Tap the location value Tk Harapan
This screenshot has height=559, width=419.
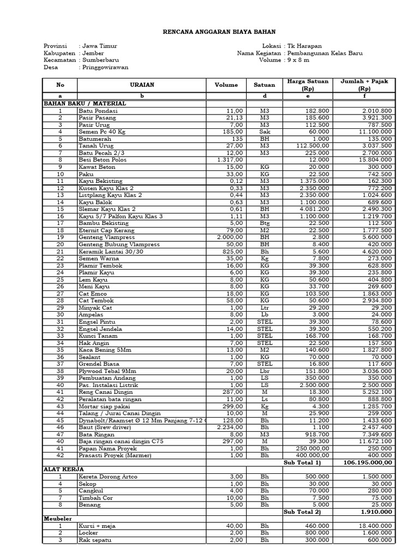pos(306,46)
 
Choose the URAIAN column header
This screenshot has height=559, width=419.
pos(142,85)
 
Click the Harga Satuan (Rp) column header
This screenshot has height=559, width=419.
pos(308,85)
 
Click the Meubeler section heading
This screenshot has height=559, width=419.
pos(57,519)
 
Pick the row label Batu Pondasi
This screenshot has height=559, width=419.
pos(98,111)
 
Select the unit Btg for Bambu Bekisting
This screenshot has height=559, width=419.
pos(265,223)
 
